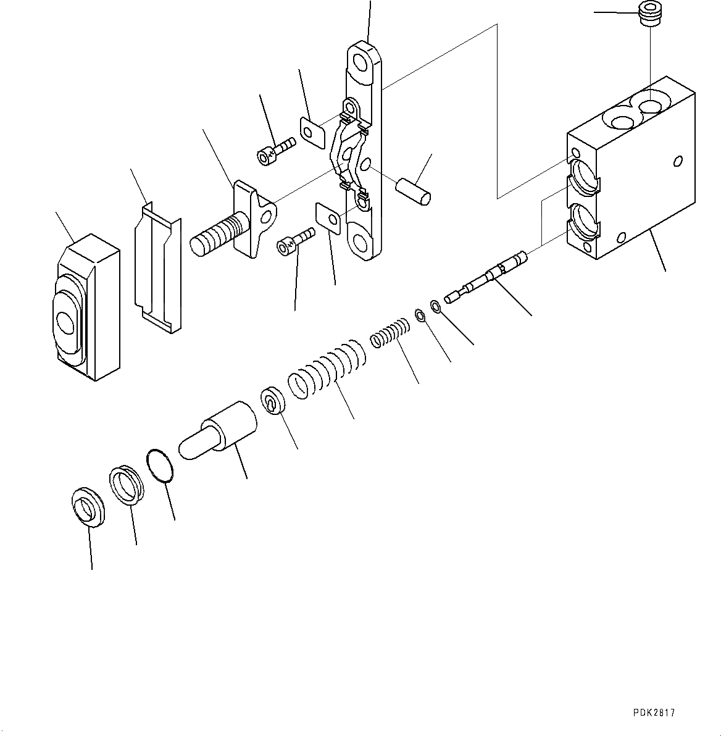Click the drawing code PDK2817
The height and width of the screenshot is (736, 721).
click(x=654, y=713)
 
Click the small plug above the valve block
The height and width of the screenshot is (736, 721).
click(x=649, y=15)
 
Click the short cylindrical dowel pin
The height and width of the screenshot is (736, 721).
click(x=414, y=189)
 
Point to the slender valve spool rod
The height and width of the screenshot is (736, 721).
click(x=488, y=275)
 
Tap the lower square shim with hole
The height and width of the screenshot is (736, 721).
click(x=328, y=217)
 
